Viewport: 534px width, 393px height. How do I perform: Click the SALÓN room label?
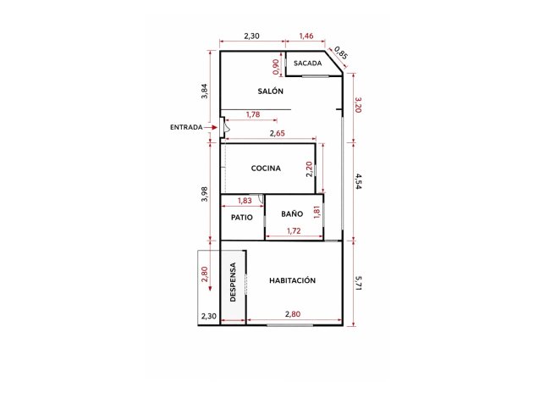pyautogui.click(x=270, y=91)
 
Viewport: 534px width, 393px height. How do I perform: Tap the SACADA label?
pyautogui.click(x=307, y=64)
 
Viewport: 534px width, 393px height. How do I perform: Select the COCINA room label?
pyautogui.click(x=266, y=169)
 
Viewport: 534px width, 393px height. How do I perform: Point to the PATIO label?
pyautogui.click(x=242, y=218)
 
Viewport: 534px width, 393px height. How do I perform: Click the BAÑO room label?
pyautogui.click(x=293, y=214)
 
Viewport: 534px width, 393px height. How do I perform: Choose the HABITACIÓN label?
pyautogui.click(x=292, y=280)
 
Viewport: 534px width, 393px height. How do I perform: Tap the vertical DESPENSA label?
pyautogui.click(x=233, y=282)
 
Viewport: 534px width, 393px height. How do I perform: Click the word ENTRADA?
pyautogui.click(x=186, y=127)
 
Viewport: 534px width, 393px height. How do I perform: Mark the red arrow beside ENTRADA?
pyautogui.click(x=212, y=127)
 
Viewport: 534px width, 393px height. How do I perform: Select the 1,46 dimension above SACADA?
pyautogui.click(x=306, y=36)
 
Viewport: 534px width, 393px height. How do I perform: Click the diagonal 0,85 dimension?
pyautogui.click(x=341, y=53)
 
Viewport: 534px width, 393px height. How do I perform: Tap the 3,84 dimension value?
pyautogui.click(x=204, y=91)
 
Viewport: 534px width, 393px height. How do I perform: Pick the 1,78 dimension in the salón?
pyautogui.click(x=253, y=114)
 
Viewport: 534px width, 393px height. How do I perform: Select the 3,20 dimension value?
pyautogui.click(x=358, y=105)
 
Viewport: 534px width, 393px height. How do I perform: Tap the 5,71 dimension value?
pyautogui.click(x=358, y=282)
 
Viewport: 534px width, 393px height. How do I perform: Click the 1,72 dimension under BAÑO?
pyautogui.click(x=295, y=231)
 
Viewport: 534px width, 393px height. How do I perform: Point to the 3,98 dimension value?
pyautogui.click(x=204, y=194)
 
